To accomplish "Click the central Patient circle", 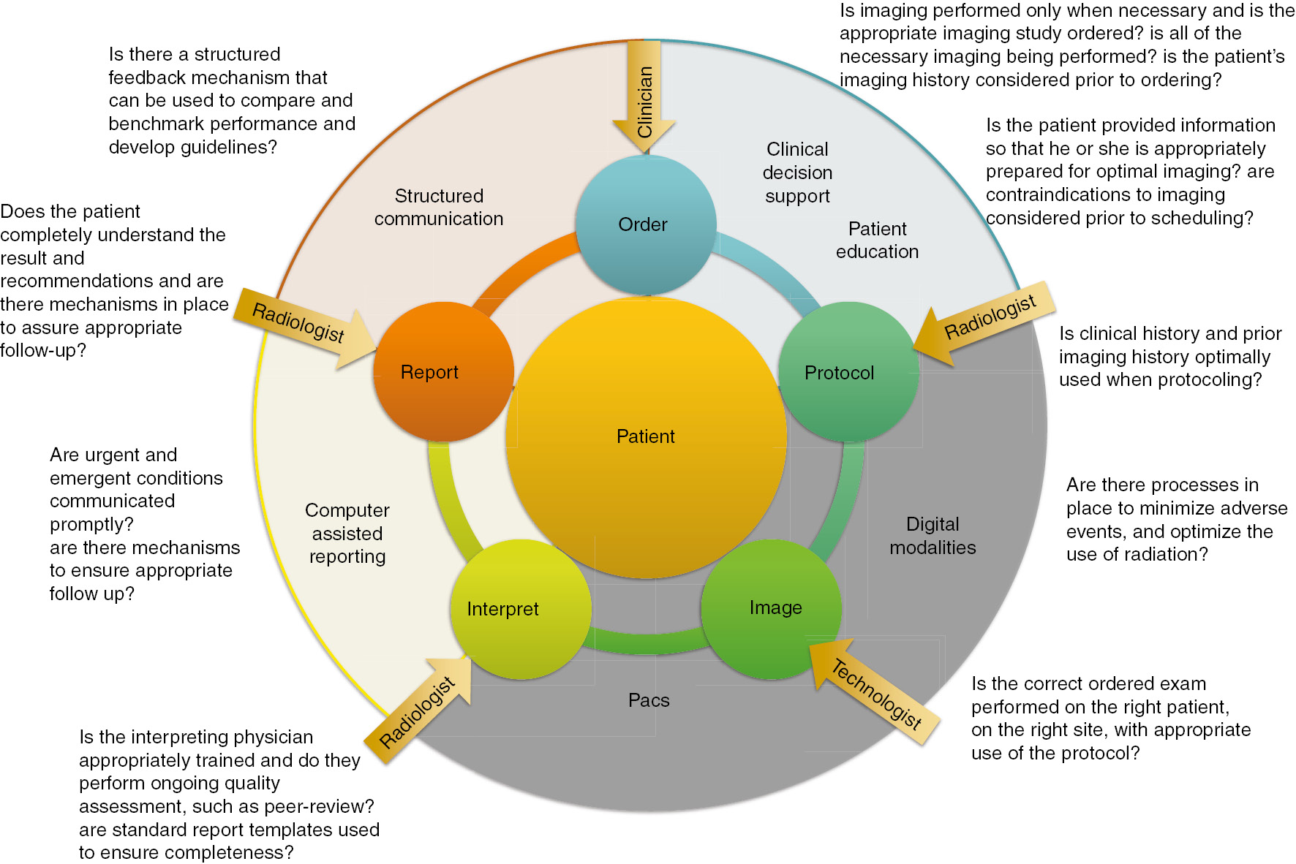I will tap(646, 437).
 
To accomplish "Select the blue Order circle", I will tap(644, 225).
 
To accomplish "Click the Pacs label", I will tap(649, 700).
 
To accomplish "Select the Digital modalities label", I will tap(933, 536).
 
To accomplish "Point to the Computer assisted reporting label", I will tap(347, 534).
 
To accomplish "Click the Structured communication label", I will tap(439, 208).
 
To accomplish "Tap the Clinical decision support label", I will tap(797, 173).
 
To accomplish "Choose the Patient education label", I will tap(877, 240).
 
